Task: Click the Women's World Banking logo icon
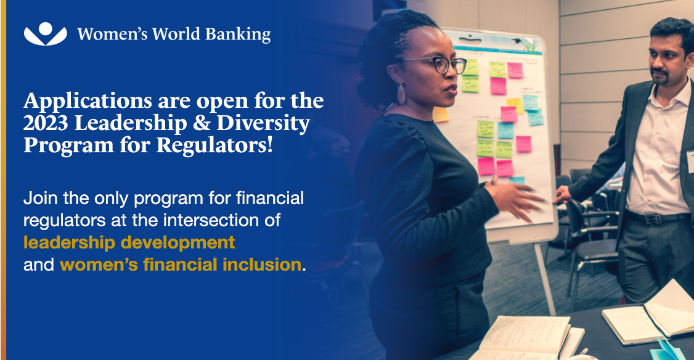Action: (x=45, y=34)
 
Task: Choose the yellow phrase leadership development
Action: (x=129, y=242)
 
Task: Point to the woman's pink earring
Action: (x=401, y=94)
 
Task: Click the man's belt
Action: (x=656, y=218)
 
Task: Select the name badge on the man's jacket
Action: (x=690, y=162)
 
